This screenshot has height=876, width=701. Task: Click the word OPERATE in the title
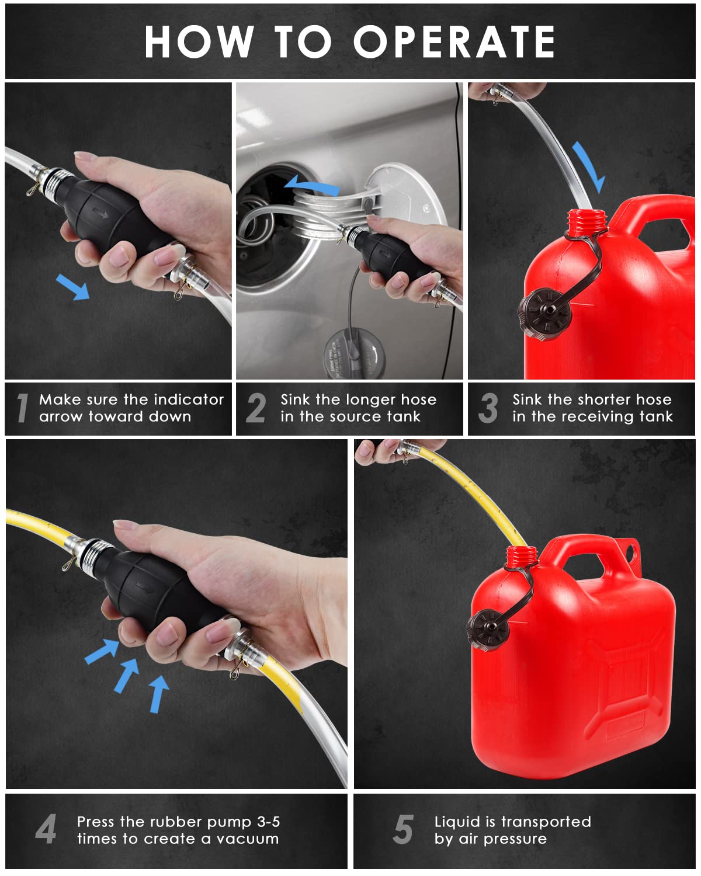(454, 42)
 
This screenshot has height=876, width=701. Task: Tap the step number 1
(22, 408)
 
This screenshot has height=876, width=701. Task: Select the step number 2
(256, 408)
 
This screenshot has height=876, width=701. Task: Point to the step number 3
(488, 408)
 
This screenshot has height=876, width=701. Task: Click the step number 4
(46, 829)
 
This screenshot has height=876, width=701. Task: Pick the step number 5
(403, 829)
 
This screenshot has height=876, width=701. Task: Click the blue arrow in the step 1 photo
(73, 287)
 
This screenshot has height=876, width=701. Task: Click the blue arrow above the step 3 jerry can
(588, 166)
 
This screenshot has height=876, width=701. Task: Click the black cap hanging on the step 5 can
(488, 630)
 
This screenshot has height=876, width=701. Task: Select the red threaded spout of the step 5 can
(522, 557)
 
